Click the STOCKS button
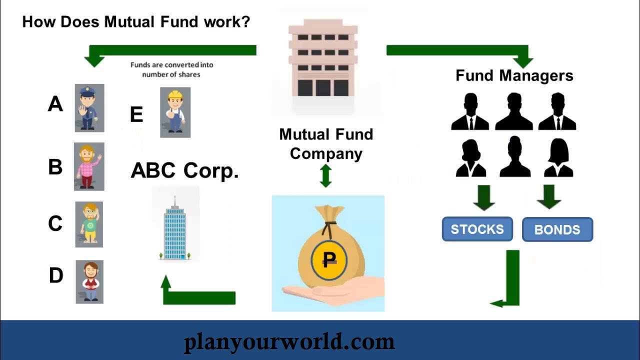[477, 229]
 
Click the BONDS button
[557, 230]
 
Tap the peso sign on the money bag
[329, 259]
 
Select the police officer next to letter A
[89, 108]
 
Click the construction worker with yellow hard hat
[175, 112]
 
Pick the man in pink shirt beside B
[89, 166]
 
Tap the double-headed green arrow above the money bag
[325, 175]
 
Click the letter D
[56, 275]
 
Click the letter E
[136, 115]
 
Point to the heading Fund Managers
[514, 75]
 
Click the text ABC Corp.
[184, 170]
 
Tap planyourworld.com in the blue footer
[289, 342]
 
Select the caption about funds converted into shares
[171, 69]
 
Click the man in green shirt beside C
[89, 224]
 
